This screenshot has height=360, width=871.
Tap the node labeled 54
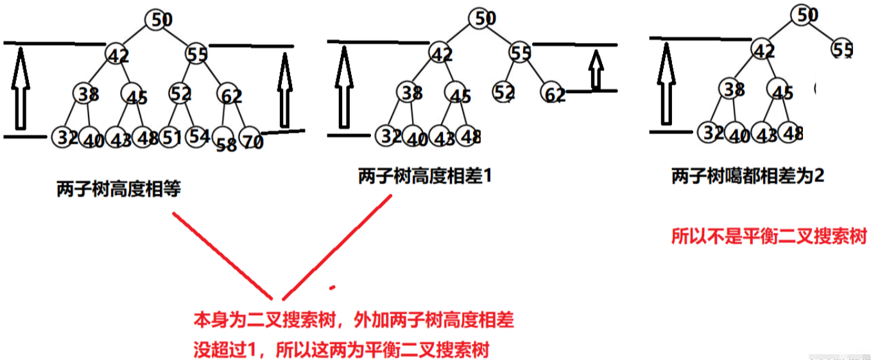(x=199, y=136)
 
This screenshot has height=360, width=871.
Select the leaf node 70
(x=252, y=140)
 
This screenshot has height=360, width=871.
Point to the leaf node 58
(x=226, y=144)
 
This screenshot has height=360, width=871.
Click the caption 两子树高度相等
(x=119, y=189)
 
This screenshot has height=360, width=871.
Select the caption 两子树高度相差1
(x=425, y=176)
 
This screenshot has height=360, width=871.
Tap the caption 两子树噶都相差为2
(x=747, y=176)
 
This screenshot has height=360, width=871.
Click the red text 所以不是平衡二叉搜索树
(x=769, y=236)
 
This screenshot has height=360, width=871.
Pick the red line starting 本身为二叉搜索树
(x=354, y=320)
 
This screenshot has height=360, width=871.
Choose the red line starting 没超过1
(x=341, y=350)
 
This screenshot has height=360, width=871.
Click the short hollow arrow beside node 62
(x=596, y=69)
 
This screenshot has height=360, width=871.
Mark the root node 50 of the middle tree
(x=481, y=18)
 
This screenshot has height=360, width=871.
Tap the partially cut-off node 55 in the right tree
(x=842, y=49)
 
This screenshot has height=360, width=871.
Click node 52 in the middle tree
(x=504, y=92)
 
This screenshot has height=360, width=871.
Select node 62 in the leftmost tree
(x=229, y=95)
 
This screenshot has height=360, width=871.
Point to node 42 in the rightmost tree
(x=763, y=49)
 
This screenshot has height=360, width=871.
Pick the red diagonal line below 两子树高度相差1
(x=336, y=247)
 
